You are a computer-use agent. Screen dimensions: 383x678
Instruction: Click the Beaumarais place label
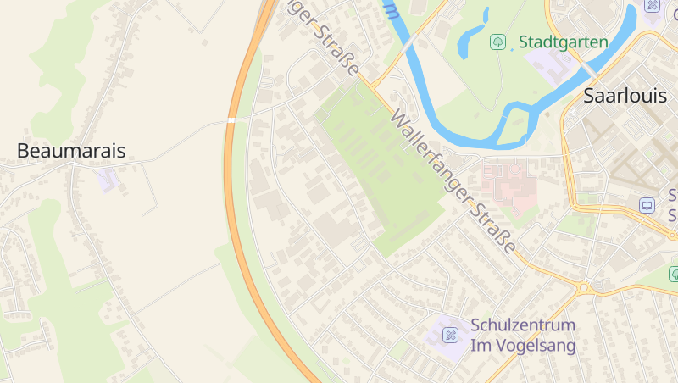[x=71, y=152]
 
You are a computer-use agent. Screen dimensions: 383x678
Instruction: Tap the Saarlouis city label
[x=625, y=97]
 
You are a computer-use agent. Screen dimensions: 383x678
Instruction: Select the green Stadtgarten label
[x=564, y=42]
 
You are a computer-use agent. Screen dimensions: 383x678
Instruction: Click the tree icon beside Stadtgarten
[x=498, y=41]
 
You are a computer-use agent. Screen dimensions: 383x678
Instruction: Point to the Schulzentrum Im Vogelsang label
[x=523, y=336]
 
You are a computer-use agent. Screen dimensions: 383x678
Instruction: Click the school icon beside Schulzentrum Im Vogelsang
[x=450, y=336]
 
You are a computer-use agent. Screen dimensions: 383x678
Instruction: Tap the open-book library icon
[x=647, y=205]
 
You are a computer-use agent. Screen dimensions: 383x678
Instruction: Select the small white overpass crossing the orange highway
[x=231, y=120]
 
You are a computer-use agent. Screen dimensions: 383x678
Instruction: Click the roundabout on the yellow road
[x=583, y=287]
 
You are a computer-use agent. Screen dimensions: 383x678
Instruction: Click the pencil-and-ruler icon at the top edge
[x=652, y=5]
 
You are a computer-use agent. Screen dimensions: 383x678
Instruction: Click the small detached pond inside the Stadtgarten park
[x=485, y=15]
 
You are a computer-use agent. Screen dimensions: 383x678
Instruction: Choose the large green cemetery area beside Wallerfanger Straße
[x=381, y=169]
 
